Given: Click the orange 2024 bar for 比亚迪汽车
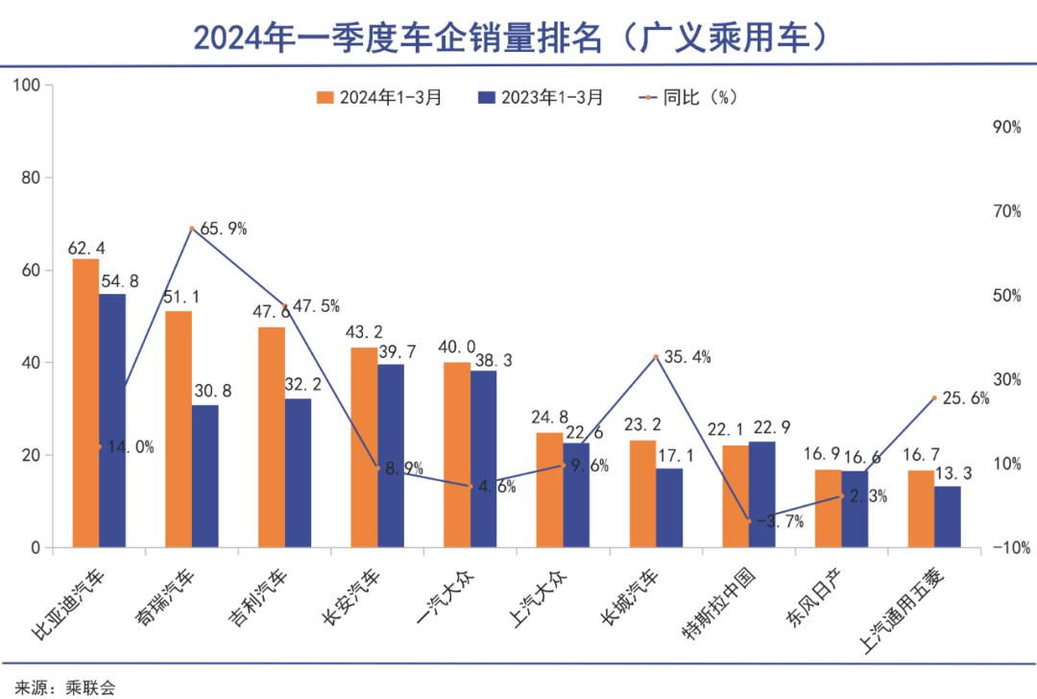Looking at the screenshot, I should point(85,403).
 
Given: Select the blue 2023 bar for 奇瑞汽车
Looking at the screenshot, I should point(205,476).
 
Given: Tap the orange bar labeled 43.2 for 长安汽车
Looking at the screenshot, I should point(364,447).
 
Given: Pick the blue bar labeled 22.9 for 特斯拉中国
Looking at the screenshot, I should point(761,494).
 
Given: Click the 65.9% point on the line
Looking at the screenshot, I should point(192,229).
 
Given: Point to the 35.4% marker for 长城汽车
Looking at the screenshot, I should point(656,357).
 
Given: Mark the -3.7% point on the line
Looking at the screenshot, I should point(749,520).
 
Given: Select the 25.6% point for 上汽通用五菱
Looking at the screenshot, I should point(934,398).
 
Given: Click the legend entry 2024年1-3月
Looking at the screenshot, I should point(379,97).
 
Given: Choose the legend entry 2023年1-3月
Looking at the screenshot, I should point(541,97).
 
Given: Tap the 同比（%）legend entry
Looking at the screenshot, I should point(688,97).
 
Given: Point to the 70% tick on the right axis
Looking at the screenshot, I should point(1006,212).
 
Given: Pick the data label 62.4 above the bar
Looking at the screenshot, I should point(84,247).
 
